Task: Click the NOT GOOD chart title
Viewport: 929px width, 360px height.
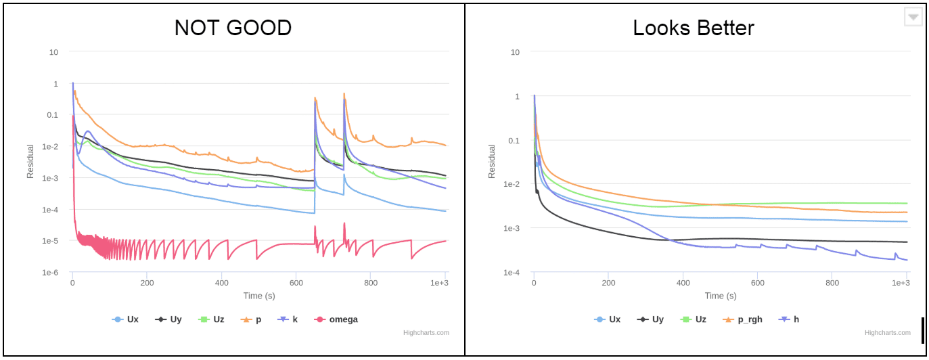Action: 233,28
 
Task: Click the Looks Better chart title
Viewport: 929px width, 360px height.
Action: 694,28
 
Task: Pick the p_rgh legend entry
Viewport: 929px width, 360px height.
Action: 743,319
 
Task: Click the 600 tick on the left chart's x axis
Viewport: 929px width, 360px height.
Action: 296,283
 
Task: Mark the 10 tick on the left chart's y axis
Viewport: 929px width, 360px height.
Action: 53,52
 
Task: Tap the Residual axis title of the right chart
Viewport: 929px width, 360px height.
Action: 492,161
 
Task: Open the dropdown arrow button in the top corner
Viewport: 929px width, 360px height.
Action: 913,17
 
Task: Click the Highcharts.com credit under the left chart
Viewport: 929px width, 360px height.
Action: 426,333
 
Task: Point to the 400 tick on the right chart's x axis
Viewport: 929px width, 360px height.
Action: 683,283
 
